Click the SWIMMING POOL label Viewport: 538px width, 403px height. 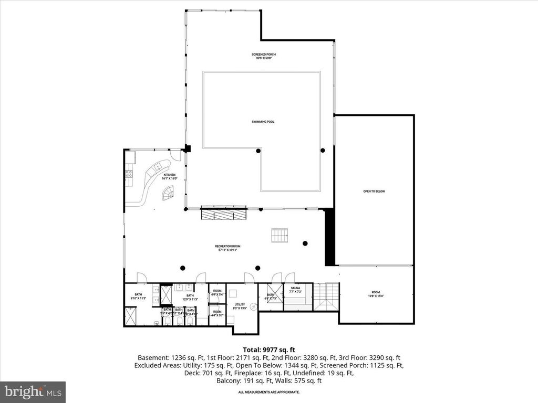(263, 122)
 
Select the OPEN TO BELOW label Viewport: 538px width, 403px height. (374, 192)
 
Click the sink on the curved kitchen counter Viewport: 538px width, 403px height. (156, 167)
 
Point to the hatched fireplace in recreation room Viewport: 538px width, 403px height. (224, 214)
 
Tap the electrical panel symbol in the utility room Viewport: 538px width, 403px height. (253, 307)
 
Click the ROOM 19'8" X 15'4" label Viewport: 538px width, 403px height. (375, 294)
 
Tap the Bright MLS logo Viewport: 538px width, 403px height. (33, 391)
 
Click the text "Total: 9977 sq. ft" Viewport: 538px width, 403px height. (269, 349)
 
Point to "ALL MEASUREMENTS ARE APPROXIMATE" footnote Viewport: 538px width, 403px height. (269, 392)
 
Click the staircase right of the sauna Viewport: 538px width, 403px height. (326, 296)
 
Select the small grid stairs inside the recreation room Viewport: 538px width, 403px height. (280, 236)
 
